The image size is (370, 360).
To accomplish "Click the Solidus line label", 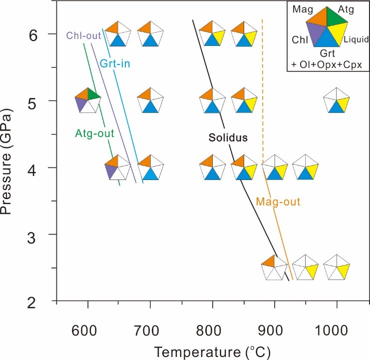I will pos(227,137).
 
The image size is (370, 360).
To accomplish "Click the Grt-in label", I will pos(112,64).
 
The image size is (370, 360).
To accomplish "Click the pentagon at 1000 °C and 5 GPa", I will pos(336,100).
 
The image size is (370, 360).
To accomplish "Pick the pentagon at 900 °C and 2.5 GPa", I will pos(274,268).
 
